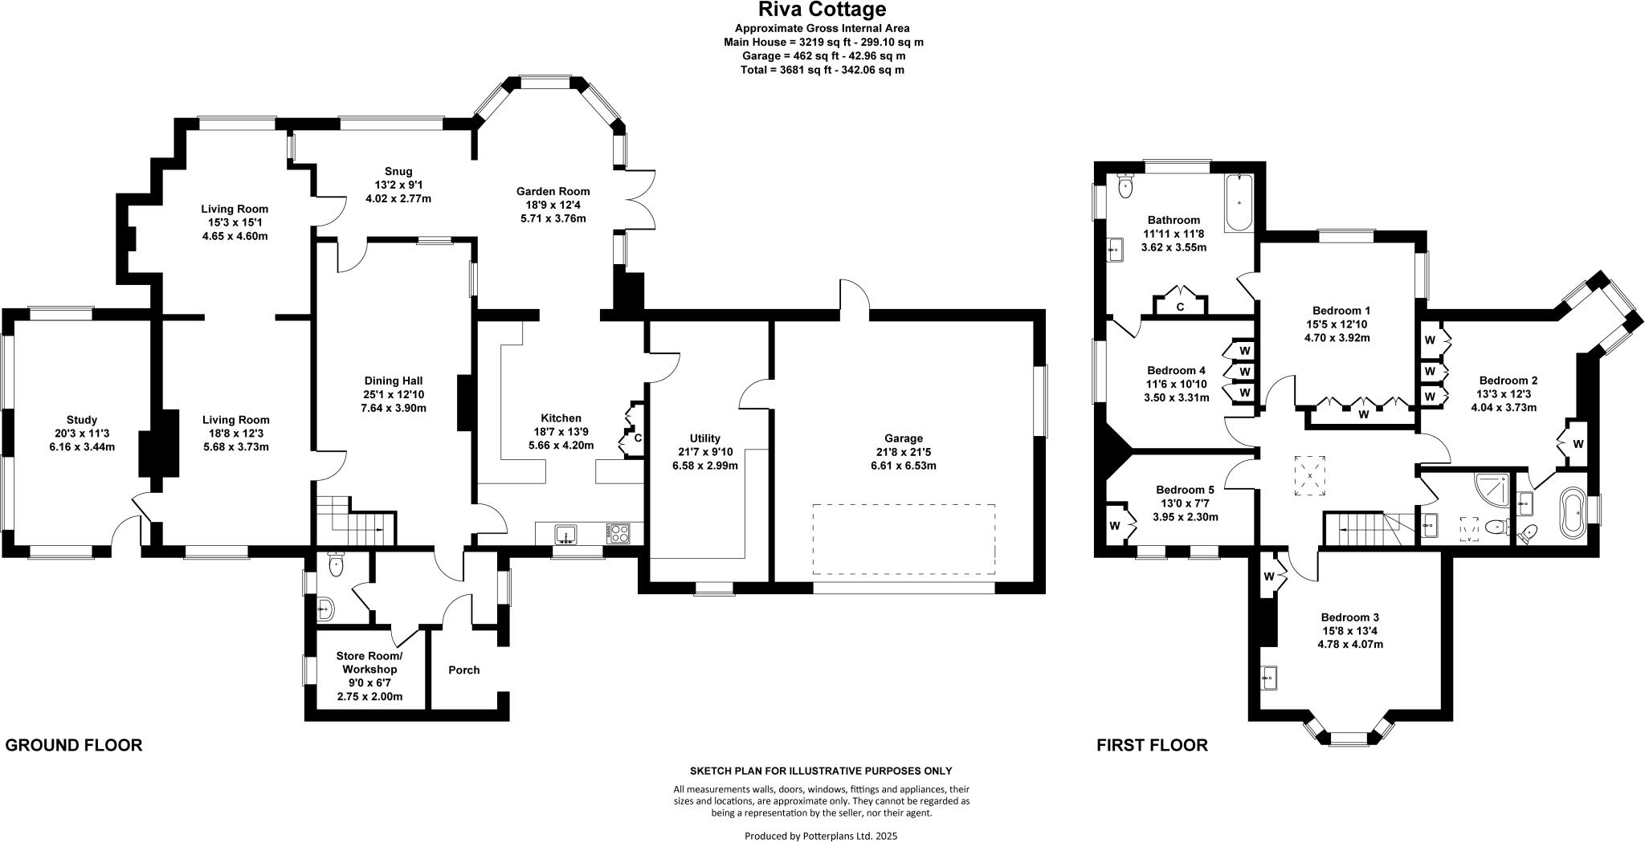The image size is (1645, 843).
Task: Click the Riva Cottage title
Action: pos(822,10)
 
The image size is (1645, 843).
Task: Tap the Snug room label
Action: pos(398,171)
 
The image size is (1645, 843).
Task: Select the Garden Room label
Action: pos(553,191)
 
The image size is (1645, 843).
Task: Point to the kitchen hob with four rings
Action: pos(620,534)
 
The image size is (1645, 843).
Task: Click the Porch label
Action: pos(463,670)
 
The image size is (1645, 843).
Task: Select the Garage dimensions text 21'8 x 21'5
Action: pos(903,452)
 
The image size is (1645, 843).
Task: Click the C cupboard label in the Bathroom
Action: pos(1180,307)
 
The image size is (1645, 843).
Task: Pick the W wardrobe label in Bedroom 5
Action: pos(1115,526)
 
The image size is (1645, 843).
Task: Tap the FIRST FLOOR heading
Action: pos(1152,745)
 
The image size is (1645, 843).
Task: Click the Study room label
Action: pos(82,420)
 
